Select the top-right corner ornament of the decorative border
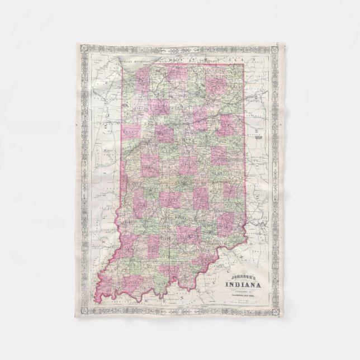tap(274, 49)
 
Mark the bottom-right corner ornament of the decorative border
tap(274, 311)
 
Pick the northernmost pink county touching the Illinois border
tap(132, 132)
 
